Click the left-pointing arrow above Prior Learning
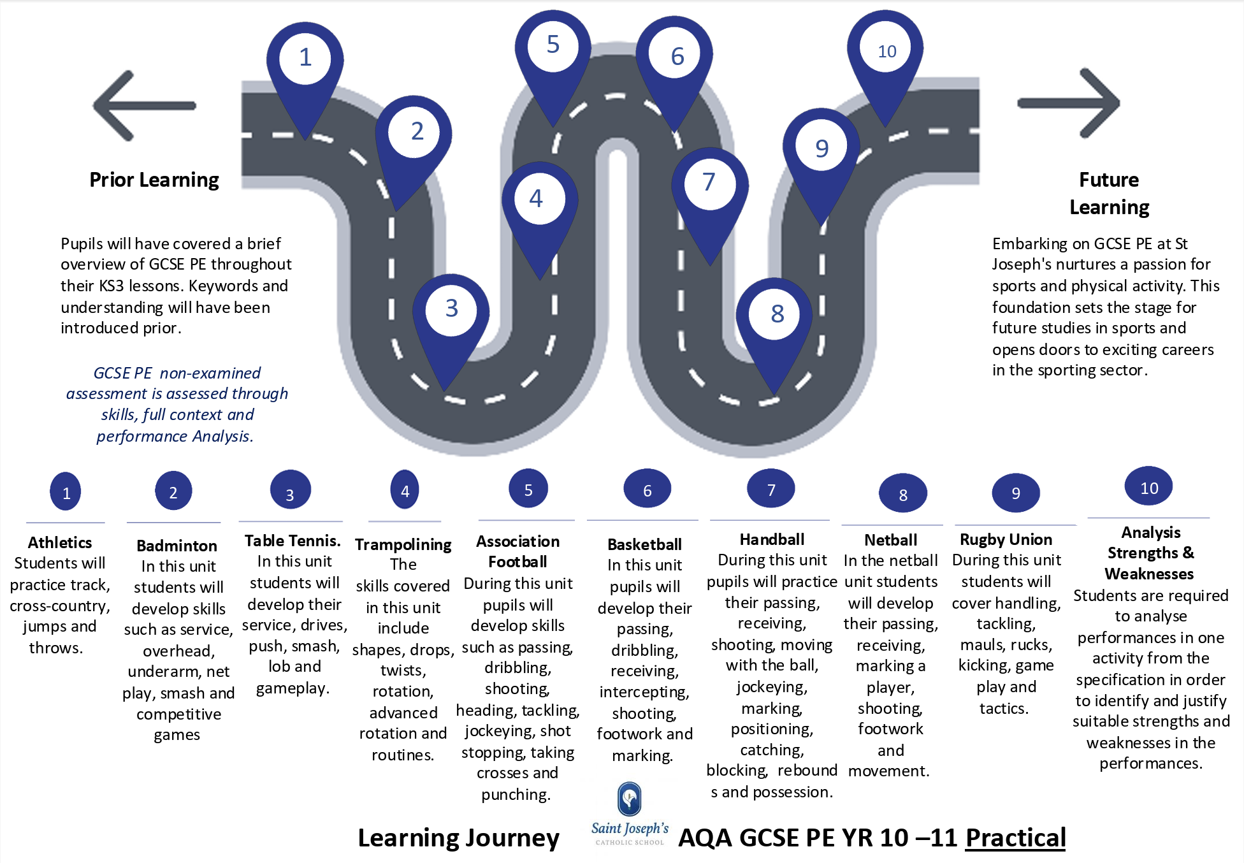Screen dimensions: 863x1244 [144, 105]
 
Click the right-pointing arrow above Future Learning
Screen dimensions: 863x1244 [1069, 103]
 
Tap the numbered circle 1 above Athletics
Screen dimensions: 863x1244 [66, 492]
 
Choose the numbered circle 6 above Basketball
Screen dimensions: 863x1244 [647, 490]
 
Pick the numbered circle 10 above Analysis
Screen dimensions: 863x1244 [1148, 488]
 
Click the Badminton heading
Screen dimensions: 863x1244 [177, 546]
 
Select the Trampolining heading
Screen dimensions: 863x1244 [403, 544]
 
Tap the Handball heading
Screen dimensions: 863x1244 [772, 539]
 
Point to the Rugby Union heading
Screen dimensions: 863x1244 [1006, 539]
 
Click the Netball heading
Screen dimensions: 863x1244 [890, 540]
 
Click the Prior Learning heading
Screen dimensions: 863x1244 [154, 180]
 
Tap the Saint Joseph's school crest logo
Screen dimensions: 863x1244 [630, 799]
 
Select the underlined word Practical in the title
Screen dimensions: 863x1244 [1015, 838]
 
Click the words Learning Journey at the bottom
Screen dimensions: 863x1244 [458, 838]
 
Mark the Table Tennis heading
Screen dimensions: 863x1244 [293, 540]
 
